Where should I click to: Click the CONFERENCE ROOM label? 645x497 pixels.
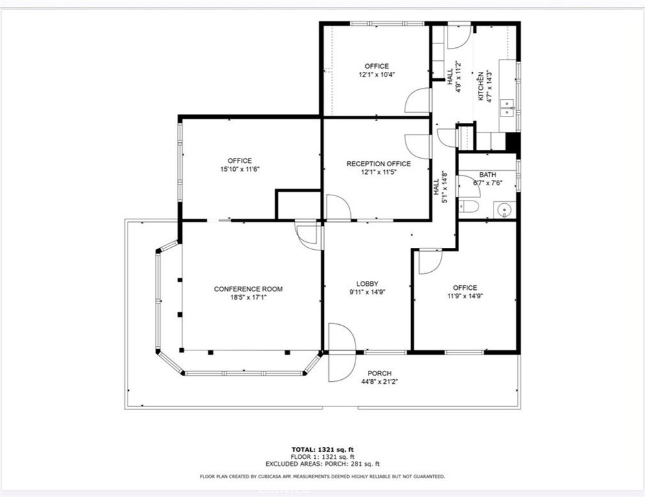[x=248, y=289]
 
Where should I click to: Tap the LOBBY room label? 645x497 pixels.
[x=367, y=283]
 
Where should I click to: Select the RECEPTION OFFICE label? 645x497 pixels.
[x=378, y=164]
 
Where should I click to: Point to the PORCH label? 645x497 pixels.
[x=379, y=373]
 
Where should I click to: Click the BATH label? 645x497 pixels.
[x=488, y=175]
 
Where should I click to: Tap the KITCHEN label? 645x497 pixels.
[x=480, y=86]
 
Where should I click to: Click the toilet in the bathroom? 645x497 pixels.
[x=469, y=207]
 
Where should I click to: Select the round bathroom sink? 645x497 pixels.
[x=504, y=210]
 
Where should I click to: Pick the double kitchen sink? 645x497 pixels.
[x=508, y=107]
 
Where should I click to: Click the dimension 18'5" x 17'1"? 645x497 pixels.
[x=248, y=297]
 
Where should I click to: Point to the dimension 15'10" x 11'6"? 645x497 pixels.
[x=240, y=169]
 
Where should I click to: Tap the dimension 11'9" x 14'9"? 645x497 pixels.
[x=465, y=296]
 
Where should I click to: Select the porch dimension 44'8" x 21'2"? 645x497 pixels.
[x=379, y=381]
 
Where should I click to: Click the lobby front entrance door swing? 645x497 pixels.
[x=342, y=352]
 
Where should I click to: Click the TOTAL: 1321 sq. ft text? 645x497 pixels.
[x=322, y=449]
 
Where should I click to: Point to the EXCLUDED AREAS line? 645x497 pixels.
[x=322, y=464]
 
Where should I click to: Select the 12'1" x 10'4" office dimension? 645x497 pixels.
[x=377, y=74]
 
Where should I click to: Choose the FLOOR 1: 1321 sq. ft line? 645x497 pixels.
[x=322, y=457]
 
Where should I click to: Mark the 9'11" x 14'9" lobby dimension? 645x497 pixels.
[x=367, y=292]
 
